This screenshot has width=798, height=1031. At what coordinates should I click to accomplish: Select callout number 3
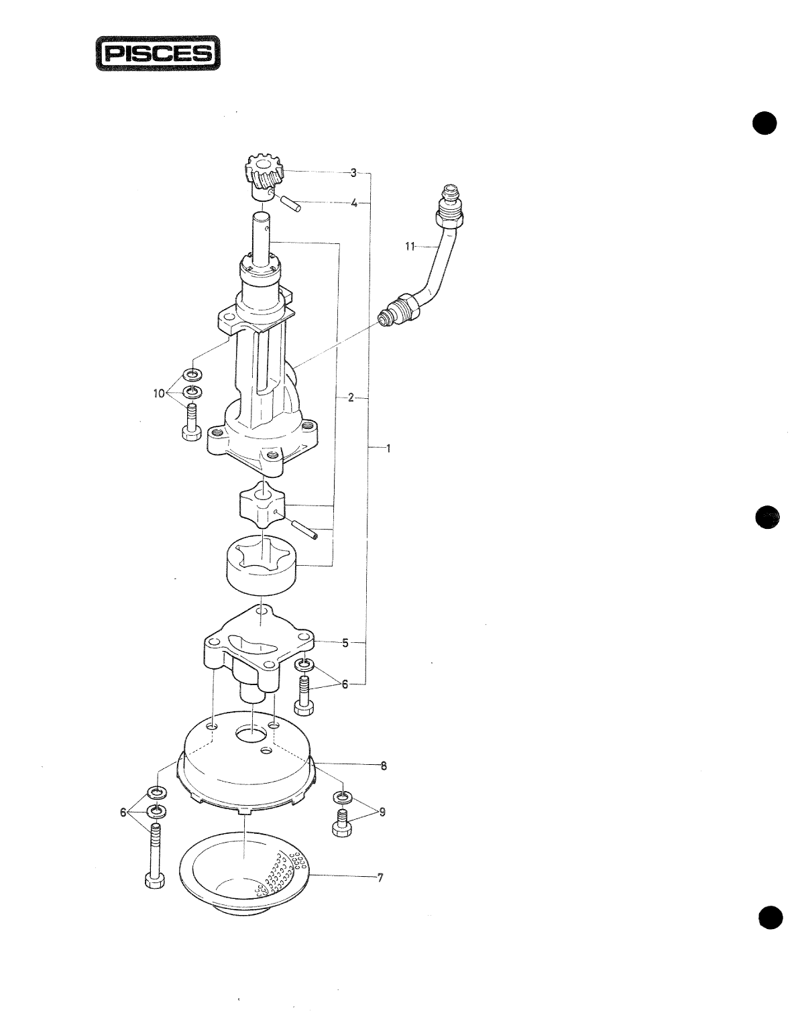pyautogui.click(x=353, y=173)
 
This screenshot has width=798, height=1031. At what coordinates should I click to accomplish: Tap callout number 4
pyautogui.click(x=353, y=202)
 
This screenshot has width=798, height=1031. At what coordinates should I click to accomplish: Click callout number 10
pyautogui.click(x=159, y=394)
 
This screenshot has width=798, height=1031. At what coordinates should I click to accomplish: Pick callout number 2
pyautogui.click(x=351, y=398)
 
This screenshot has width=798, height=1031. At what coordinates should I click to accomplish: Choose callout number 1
pyautogui.click(x=388, y=448)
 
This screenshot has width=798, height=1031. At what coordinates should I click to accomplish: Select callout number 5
pyautogui.click(x=345, y=643)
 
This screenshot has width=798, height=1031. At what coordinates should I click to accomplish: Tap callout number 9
pyautogui.click(x=382, y=812)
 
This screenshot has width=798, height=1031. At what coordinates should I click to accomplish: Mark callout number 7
pyautogui.click(x=380, y=877)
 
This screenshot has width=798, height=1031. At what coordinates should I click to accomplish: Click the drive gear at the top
pyautogui.click(x=267, y=174)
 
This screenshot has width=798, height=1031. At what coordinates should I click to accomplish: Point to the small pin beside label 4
pyautogui.click(x=291, y=202)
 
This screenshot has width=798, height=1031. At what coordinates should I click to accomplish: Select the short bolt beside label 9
pyautogui.click(x=343, y=822)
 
